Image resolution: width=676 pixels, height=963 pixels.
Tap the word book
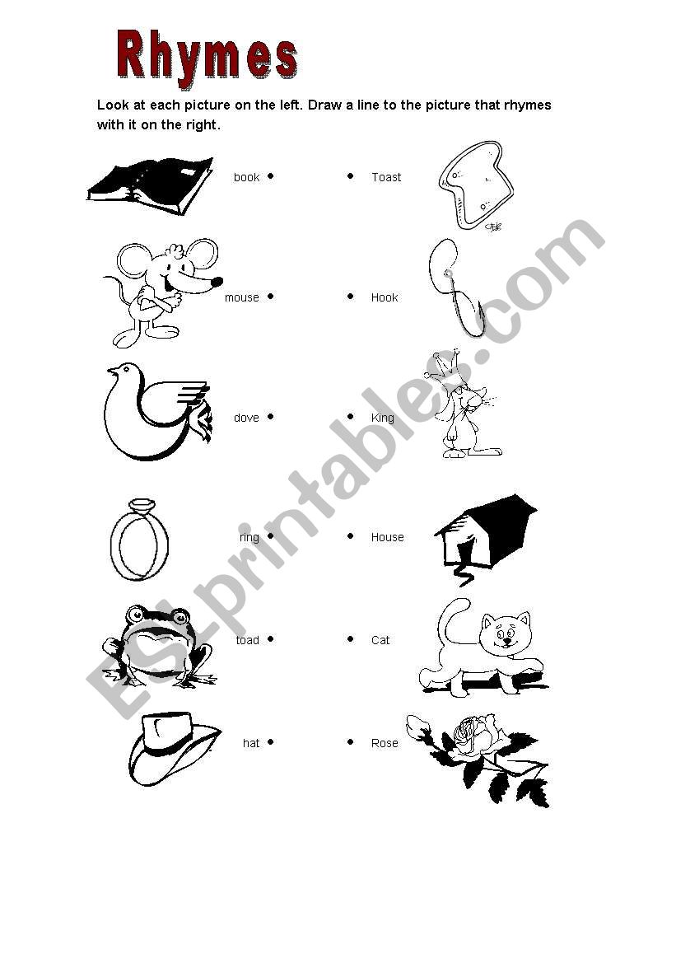click(246, 177)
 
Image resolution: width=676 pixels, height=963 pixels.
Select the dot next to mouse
click(270, 297)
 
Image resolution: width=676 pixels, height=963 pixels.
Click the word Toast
click(386, 177)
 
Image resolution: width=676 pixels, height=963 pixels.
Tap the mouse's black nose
click(217, 282)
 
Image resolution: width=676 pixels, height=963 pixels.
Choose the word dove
click(246, 418)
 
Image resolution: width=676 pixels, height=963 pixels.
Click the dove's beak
click(111, 371)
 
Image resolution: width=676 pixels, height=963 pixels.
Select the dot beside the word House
click(351, 536)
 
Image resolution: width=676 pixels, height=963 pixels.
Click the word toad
click(248, 641)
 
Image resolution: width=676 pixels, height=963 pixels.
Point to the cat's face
click(506, 632)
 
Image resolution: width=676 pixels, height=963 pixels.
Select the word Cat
click(380, 641)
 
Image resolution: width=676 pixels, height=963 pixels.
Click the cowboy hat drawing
click(174, 750)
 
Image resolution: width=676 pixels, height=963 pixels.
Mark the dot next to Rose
click(351, 742)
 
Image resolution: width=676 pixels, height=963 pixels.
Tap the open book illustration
click(150, 186)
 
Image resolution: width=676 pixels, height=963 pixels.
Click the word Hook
click(385, 298)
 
